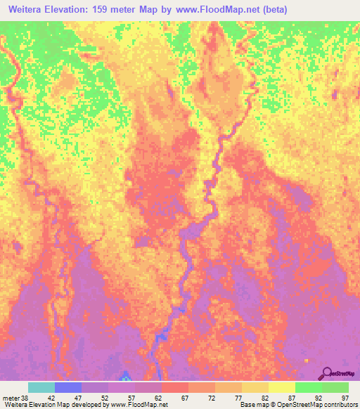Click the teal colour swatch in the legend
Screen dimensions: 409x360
point(41,387)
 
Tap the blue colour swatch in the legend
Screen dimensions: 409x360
point(68,387)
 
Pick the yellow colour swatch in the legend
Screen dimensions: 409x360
point(282,387)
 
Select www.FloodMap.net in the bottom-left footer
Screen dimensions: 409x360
point(143,405)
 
